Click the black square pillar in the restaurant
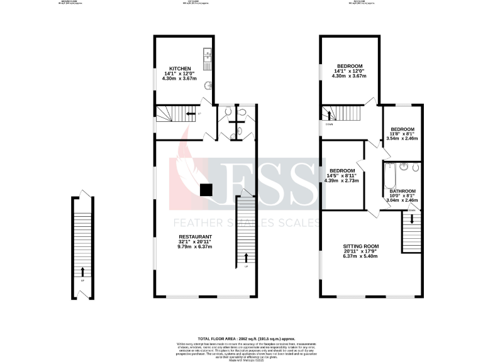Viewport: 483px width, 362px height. (x=205, y=189)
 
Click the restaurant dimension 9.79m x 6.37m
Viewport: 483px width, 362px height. (x=195, y=247)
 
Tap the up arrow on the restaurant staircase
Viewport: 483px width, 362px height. (x=246, y=258)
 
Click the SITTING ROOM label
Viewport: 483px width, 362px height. (x=360, y=246)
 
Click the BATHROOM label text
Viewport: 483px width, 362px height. (x=402, y=190)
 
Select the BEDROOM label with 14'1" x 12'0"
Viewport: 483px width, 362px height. (x=349, y=66)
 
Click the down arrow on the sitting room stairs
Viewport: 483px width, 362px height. (x=411, y=219)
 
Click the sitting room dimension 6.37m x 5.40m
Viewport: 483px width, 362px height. (x=360, y=256)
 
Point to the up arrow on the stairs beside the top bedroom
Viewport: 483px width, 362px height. (x=327, y=114)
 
